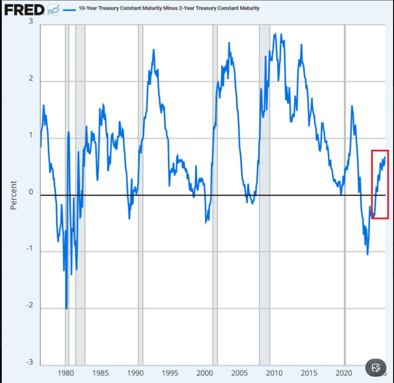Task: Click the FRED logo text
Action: click(x=24, y=10)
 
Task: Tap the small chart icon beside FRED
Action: click(x=53, y=10)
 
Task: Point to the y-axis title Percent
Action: click(x=13, y=195)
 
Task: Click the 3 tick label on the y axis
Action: click(x=31, y=21)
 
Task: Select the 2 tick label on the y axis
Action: click(x=31, y=79)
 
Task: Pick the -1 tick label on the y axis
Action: click(x=29, y=249)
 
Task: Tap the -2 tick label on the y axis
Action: click(x=29, y=306)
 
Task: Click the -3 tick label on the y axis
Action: click(x=29, y=362)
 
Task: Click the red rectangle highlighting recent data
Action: click(x=380, y=150)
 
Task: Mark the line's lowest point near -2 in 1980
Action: click(x=66, y=308)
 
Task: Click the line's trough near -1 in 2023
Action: click(x=367, y=254)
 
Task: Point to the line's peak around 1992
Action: click(x=154, y=50)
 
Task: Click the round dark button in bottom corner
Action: click(x=376, y=368)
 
